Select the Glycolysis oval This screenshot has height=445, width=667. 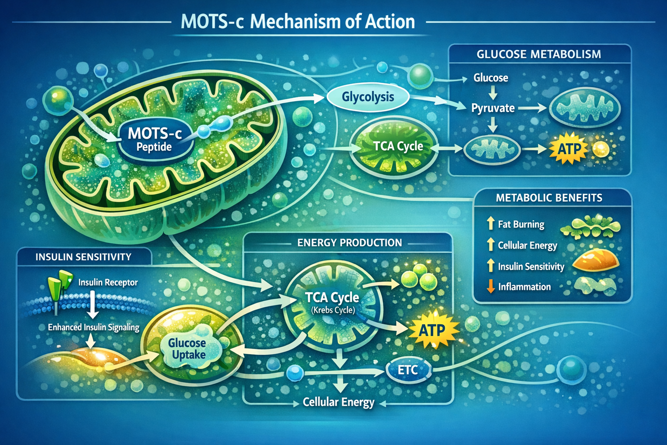click(x=367, y=97)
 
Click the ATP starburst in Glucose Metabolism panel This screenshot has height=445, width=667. click(x=569, y=149)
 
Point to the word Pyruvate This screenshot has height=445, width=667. click(x=493, y=108)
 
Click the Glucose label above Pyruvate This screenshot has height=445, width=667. click(x=491, y=78)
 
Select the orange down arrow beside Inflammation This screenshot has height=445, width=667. click(x=491, y=286)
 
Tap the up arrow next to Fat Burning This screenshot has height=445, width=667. click(x=491, y=224)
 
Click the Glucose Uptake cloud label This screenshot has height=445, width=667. click(x=188, y=349)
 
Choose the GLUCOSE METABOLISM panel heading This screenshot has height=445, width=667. click(x=538, y=54)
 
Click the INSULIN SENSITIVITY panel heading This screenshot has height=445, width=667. click(x=83, y=257)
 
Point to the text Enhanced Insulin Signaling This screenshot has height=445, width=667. click(x=93, y=327)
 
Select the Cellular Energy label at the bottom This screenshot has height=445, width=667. click(x=338, y=402)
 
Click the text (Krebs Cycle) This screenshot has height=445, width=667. click(x=333, y=310)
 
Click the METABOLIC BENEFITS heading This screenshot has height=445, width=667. click(x=549, y=198)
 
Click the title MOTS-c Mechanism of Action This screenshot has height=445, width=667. click(x=297, y=22)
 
